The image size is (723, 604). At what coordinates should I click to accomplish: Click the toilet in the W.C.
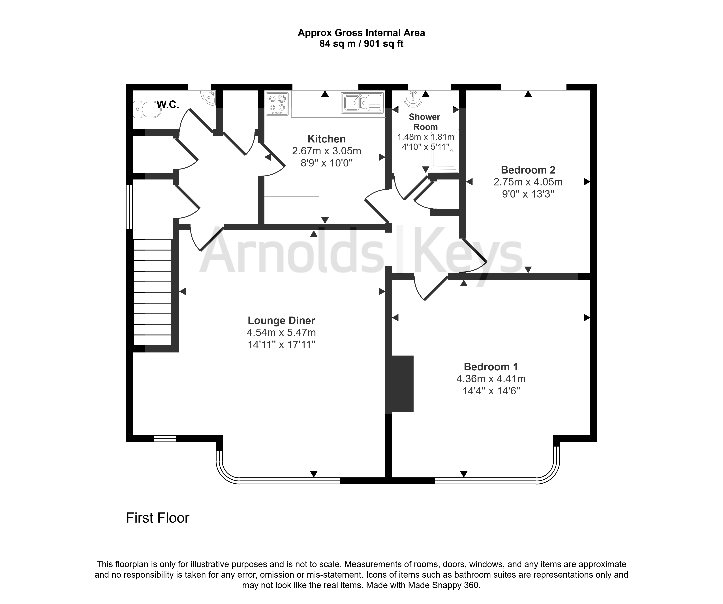click(147, 109)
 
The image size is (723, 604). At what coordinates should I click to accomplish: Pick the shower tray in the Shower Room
click(444, 150)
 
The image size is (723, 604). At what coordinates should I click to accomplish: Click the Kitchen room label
click(326, 139)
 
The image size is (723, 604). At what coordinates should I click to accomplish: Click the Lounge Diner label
click(281, 321)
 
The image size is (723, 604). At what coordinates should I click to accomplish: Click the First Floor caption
click(158, 518)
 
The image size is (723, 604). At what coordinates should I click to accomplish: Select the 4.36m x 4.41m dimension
click(491, 379)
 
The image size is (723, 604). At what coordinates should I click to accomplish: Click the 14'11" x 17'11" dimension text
click(281, 344)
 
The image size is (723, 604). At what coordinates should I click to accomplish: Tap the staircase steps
click(153, 292)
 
